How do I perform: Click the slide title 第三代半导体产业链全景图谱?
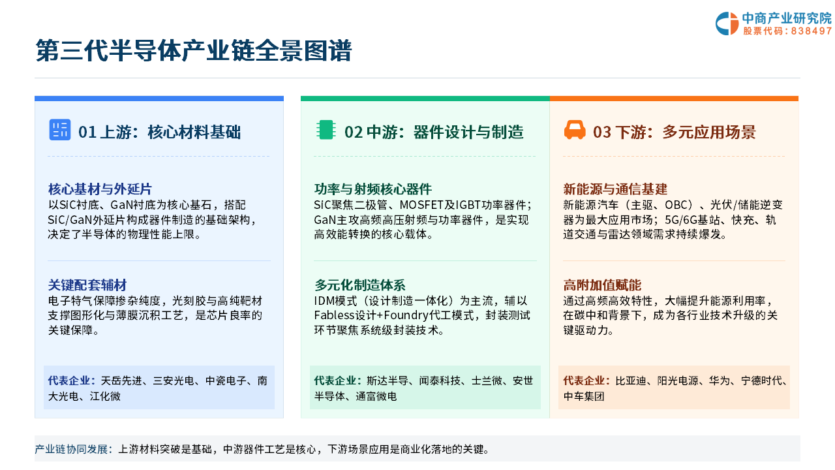pyautogui.click(x=194, y=50)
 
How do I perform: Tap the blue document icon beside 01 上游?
pyautogui.click(x=59, y=130)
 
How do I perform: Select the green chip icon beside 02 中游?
pyautogui.click(x=326, y=130)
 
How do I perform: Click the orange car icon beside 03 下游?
pyautogui.click(x=575, y=130)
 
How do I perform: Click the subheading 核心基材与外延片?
pyautogui.click(x=100, y=189)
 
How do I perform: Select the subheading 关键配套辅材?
pyautogui.click(x=87, y=285)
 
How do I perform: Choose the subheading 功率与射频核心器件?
pyautogui.click(x=372, y=189)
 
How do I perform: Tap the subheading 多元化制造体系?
pyautogui.click(x=359, y=285)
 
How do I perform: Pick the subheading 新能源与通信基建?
pyautogui.click(x=615, y=189)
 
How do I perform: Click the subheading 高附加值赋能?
pyautogui.click(x=602, y=285)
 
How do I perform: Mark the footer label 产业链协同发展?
pyautogui.click(x=71, y=449)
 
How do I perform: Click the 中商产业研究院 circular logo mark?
pyautogui.click(x=727, y=23)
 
